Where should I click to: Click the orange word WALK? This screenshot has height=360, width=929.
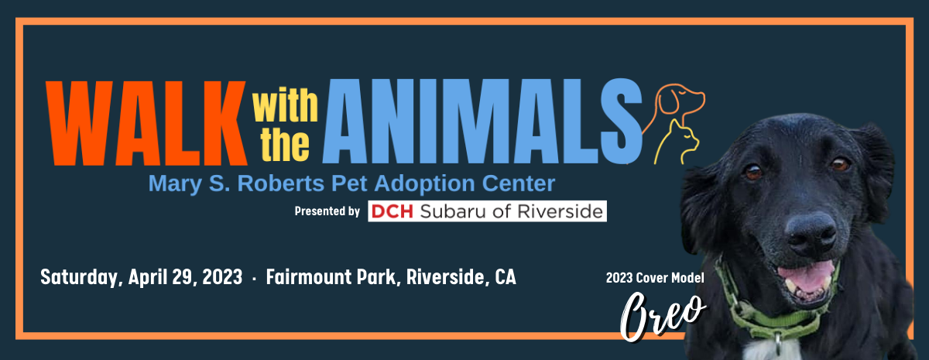click(x=146, y=124)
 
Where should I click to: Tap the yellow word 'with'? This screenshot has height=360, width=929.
click(x=285, y=105)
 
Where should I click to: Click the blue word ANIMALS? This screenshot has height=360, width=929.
click(x=482, y=121)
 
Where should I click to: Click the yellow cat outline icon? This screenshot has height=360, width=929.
click(x=677, y=142)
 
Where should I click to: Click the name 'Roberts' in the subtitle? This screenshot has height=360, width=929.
click(x=281, y=183)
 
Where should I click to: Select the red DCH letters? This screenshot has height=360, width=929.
click(x=392, y=211)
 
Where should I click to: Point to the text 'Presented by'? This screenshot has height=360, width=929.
click(x=327, y=211)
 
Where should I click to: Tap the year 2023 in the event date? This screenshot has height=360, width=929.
click(x=222, y=277)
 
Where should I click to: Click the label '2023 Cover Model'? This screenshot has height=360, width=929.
click(x=655, y=277)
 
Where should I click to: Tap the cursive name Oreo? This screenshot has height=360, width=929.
click(x=663, y=316)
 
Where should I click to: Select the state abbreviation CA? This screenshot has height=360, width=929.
click(x=505, y=276)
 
